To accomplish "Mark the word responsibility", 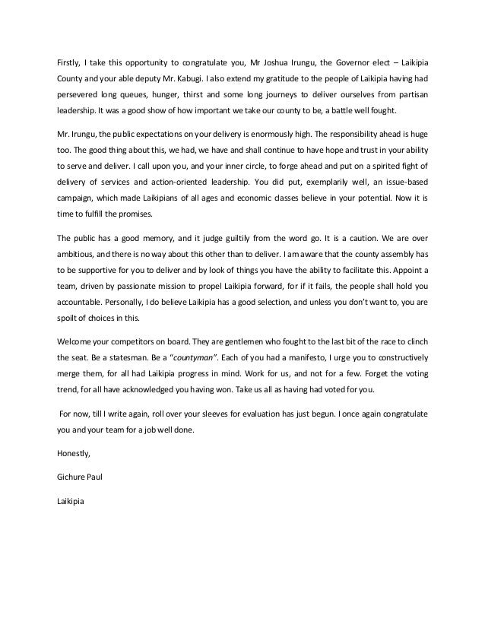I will (x=353, y=134).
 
